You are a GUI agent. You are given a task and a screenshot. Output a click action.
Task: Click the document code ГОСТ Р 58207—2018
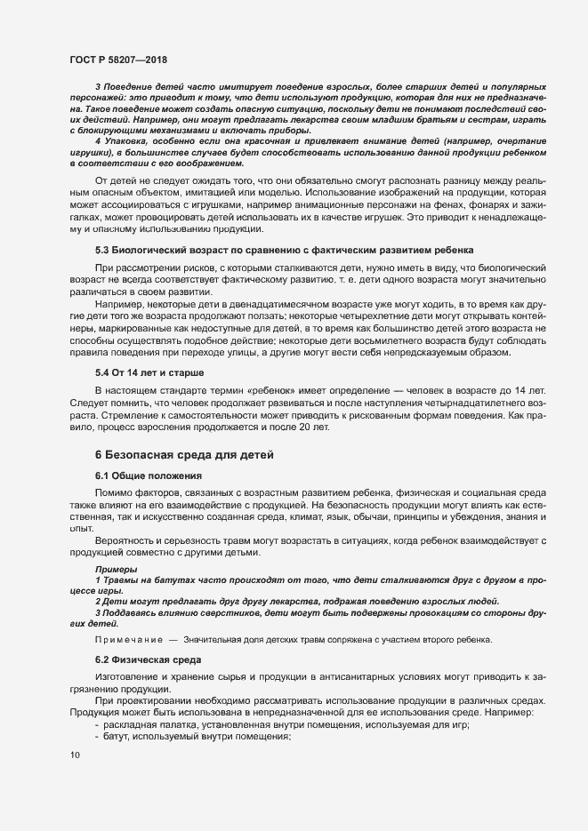(x=117, y=59)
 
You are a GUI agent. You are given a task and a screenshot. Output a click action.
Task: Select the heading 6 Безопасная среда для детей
(x=183, y=454)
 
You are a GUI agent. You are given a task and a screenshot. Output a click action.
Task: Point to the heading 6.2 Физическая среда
(x=149, y=659)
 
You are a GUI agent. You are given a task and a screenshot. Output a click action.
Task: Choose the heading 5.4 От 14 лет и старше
(x=150, y=371)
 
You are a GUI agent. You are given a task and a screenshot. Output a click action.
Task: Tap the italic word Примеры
(x=116, y=569)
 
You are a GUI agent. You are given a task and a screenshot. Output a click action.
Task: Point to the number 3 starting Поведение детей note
(x=98, y=84)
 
